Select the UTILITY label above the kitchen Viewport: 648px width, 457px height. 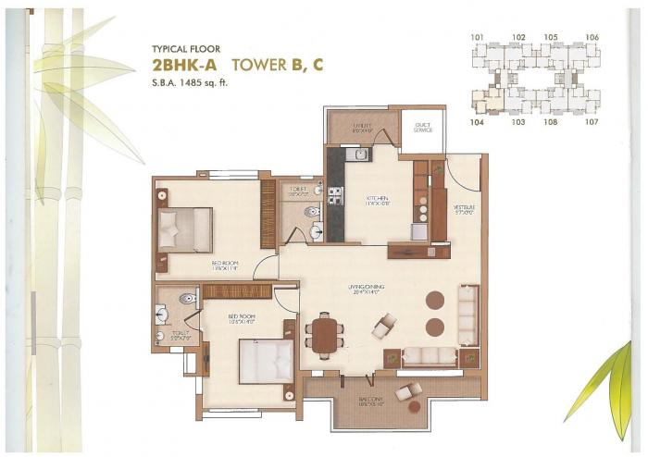pos(360,127)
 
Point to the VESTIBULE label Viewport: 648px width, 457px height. pos(464,209)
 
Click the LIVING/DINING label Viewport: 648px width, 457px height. pos(368,290)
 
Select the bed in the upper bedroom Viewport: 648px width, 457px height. pos(185,229)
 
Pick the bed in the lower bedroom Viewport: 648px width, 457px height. pos(266,361)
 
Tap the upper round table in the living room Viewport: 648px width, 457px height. pos(434,300)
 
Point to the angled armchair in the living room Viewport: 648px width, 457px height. pos(384,326)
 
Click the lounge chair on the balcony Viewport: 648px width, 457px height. pos(407,395)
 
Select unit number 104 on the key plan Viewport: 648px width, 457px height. pos(478,121)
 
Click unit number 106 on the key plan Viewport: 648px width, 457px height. pos(592,37)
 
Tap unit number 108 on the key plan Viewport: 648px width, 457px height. pos(553,121)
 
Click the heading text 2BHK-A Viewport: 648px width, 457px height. pos(183,65)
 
